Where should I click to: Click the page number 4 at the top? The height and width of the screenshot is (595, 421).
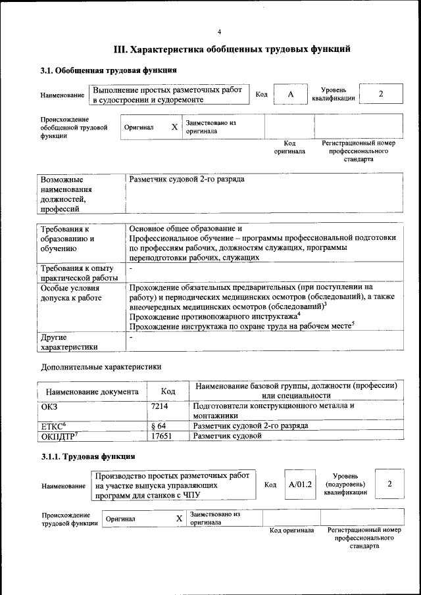point(220,32)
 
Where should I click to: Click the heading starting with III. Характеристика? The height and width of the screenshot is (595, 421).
point(228,49)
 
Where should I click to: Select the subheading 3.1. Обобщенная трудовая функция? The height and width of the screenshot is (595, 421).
point(109,70)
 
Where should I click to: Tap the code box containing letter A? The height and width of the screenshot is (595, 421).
point(290,95)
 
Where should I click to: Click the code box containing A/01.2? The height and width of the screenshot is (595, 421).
point(300,485)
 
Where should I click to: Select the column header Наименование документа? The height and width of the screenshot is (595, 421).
point(92,392)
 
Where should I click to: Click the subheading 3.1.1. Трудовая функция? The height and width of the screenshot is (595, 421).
point(88,456)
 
